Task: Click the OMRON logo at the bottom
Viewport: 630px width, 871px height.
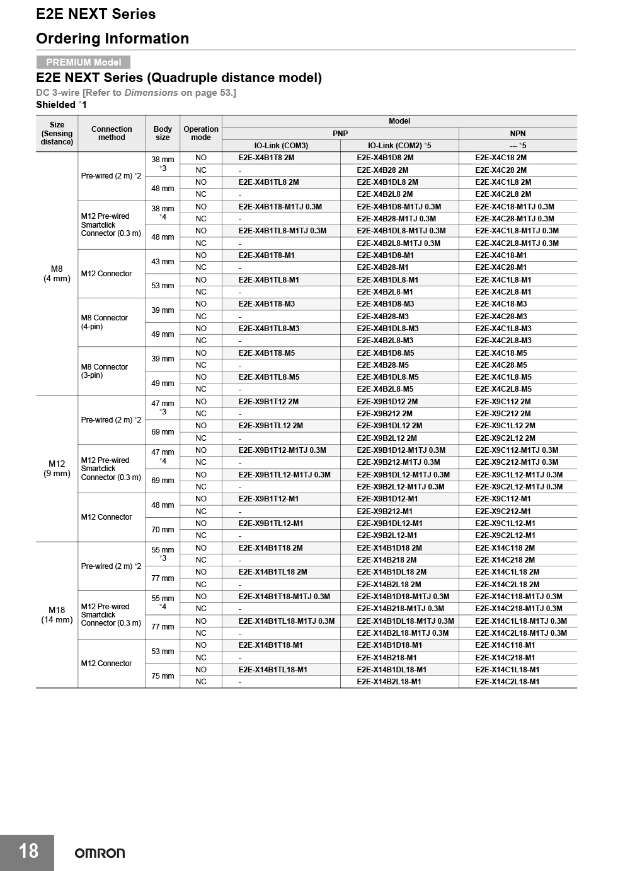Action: tap(100, 853)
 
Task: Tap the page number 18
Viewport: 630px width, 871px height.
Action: tap(28, 851)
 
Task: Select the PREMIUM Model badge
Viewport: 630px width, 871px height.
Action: tap(83, 62)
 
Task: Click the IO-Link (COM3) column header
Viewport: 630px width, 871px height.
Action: tap(281, 146)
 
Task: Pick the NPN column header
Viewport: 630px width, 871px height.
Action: tap(517, 134)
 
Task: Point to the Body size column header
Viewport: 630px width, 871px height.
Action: tap(163, 133)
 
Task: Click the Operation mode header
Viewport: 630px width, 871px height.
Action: tap(201, 133)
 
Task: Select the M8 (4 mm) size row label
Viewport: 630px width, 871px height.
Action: tap(57, 274)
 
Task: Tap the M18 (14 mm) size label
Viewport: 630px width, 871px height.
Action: tap(57, 615)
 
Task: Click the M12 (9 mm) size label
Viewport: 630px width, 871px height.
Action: tap(57, 469)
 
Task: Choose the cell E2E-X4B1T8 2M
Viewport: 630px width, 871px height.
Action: tap(266, 158)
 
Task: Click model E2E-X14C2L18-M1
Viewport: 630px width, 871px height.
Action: tap(507, 682)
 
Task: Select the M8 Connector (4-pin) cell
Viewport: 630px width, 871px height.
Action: tap(104, 322)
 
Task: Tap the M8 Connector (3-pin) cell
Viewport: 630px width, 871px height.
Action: tap(104, 371)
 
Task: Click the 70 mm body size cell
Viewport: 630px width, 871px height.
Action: tap(163, 530)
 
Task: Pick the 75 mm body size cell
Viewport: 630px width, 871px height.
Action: tap(163, 676)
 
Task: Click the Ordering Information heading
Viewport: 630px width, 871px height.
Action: tap(112, 38)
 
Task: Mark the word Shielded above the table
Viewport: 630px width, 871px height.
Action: tap(55, 105)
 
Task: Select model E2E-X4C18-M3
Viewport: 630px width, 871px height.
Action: tap(501, 304)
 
